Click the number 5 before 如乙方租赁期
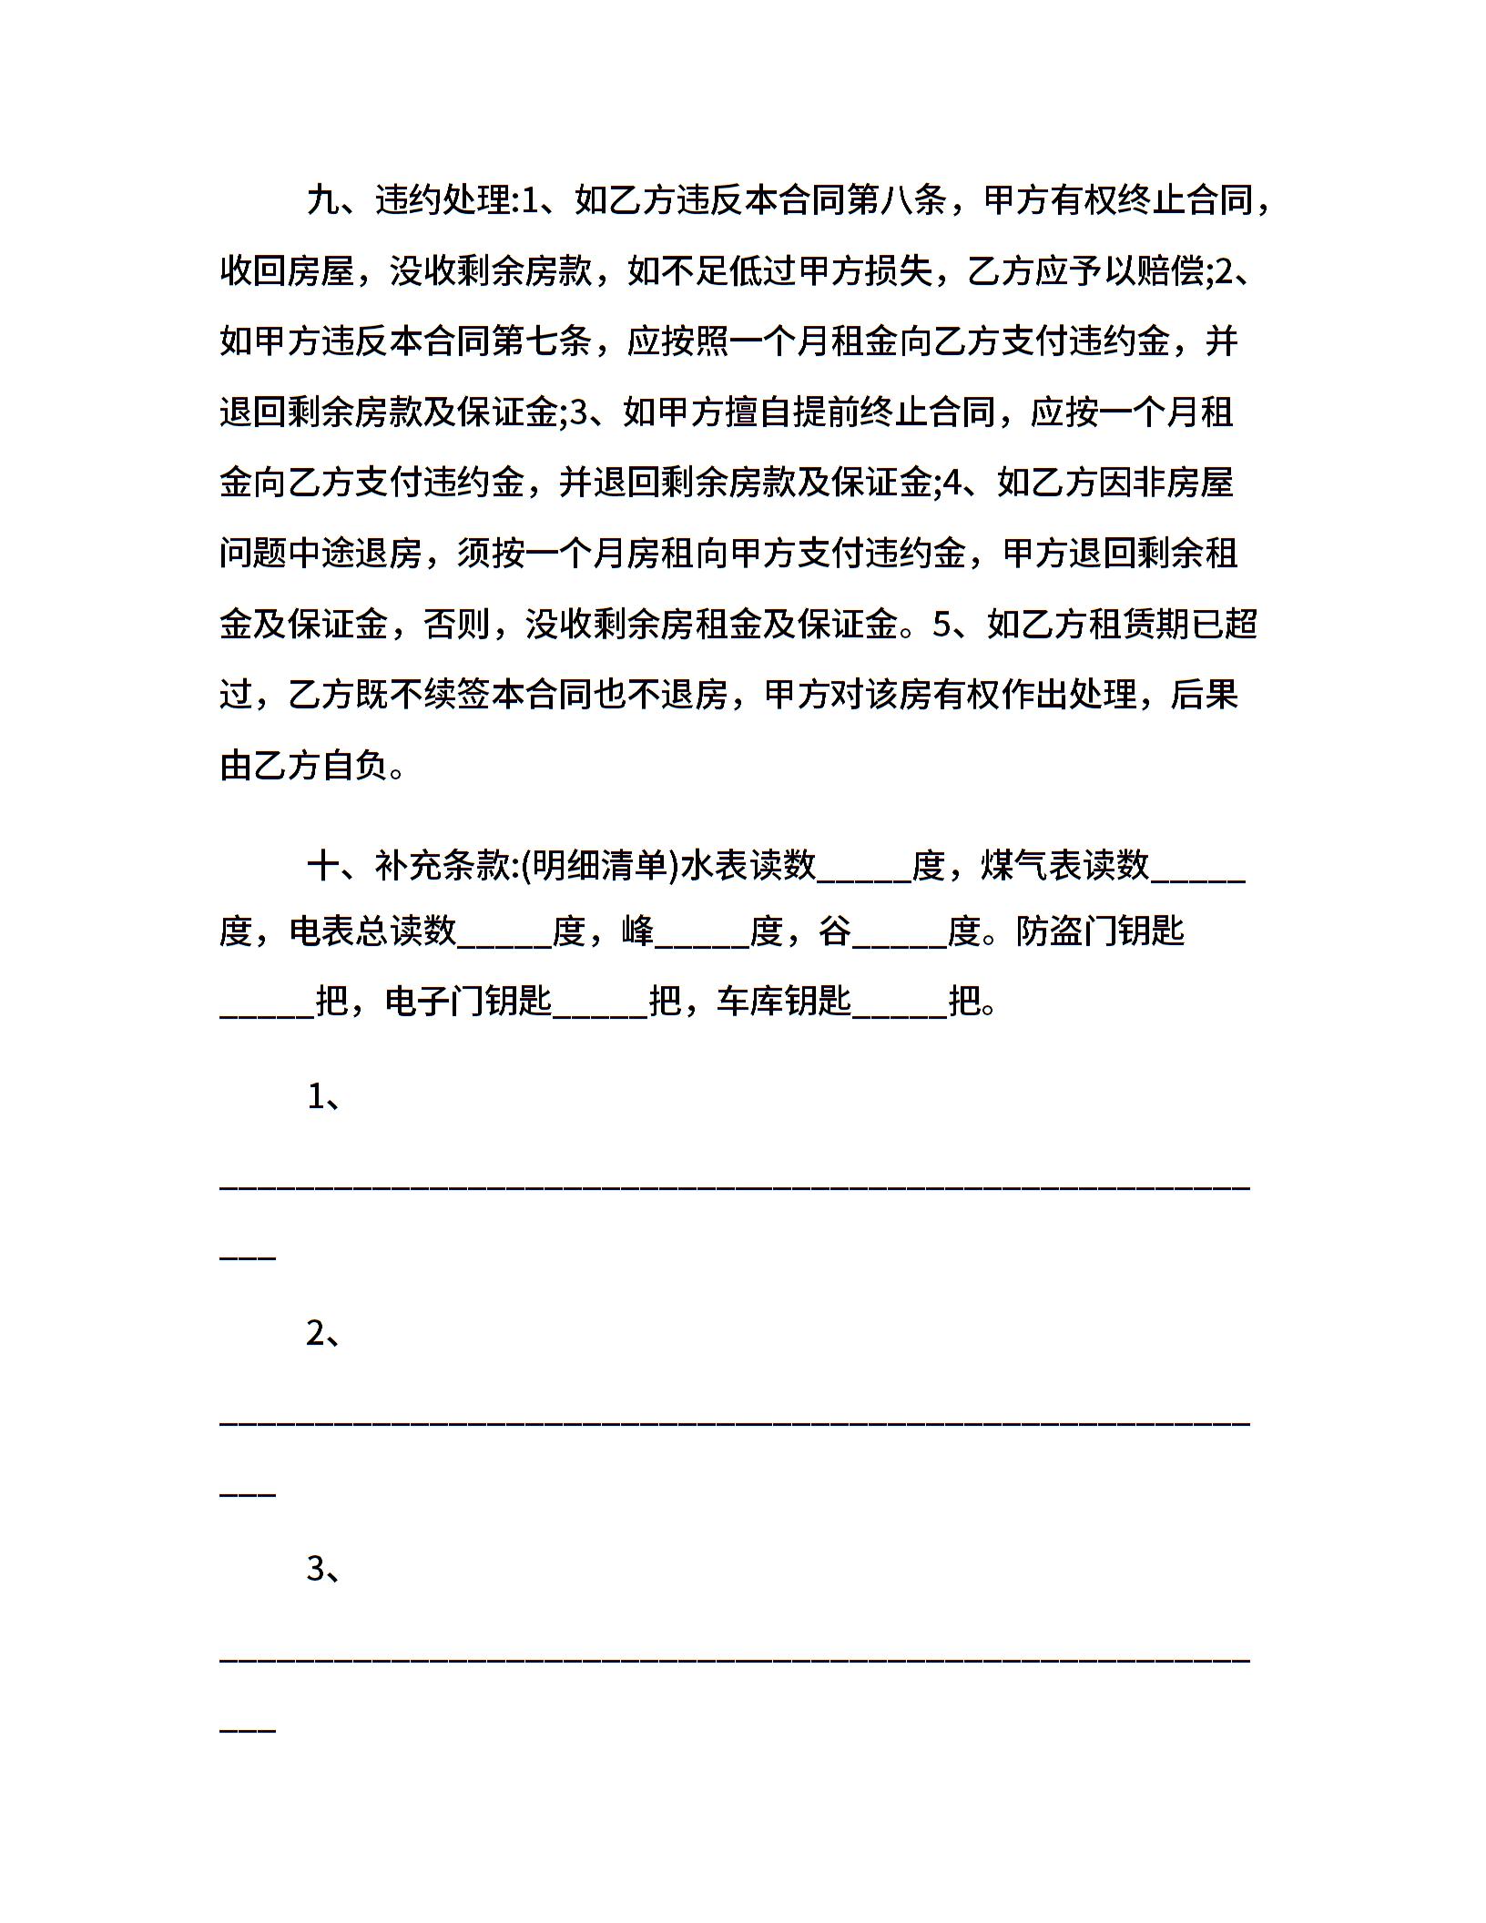coord(941,625)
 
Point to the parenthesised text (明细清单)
coord(602,865)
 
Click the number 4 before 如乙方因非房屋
coord(952,483)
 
